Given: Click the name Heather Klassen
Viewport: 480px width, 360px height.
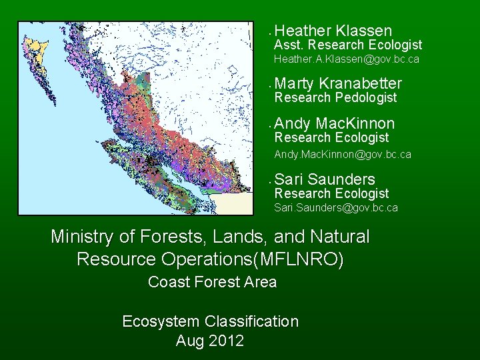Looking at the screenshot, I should click(333, 31).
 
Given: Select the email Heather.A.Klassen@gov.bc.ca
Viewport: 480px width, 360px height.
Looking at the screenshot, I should click(347, 60).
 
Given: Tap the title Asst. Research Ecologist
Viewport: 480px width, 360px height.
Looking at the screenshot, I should click(348, 45).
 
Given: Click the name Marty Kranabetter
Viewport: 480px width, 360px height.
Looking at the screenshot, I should click(338, 83).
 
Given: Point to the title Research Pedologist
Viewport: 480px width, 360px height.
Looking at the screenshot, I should click(335, 98).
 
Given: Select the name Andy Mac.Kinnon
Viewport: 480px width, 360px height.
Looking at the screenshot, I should click(334, 123).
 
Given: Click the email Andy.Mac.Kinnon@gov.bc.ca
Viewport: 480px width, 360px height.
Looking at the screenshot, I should click(343, 154).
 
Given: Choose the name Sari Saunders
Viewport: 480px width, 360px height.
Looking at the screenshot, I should click(325, 179).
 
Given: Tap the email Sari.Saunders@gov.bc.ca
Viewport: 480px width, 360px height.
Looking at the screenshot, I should click(336, 208).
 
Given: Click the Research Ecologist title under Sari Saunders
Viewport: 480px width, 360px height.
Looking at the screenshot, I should click(331, 194).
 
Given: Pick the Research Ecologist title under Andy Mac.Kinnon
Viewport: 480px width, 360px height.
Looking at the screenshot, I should click(331, 138).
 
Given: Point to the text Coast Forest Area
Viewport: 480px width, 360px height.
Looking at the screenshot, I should click(212, 283).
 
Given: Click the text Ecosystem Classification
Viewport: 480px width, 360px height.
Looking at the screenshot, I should click(210, 322).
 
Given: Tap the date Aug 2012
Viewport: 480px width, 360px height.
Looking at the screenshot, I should click(210, 341).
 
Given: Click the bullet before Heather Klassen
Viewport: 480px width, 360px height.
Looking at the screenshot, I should click(267, 32).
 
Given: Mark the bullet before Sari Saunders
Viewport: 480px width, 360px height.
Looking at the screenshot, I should click(267, 181).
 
